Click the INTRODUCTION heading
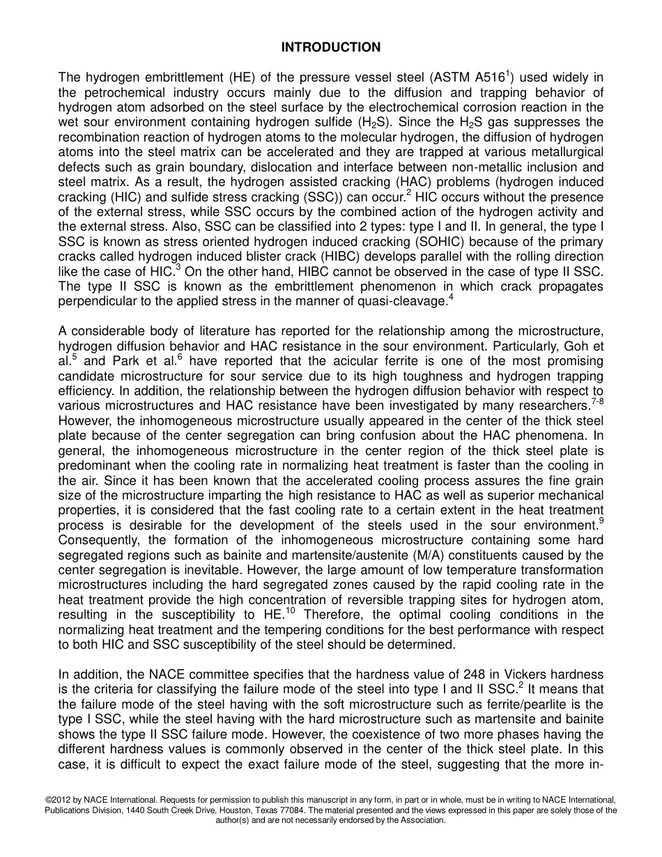coord(331,47)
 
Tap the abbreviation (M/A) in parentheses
coord(438,555)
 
